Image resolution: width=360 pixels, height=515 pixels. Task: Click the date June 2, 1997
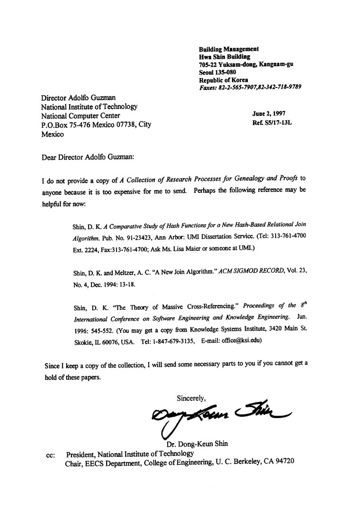(269, 113)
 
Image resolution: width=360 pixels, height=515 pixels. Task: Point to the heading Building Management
(228, 49)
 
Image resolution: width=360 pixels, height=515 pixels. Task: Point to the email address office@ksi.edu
(241, 340)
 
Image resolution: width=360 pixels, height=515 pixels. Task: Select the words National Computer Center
(81, 116)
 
